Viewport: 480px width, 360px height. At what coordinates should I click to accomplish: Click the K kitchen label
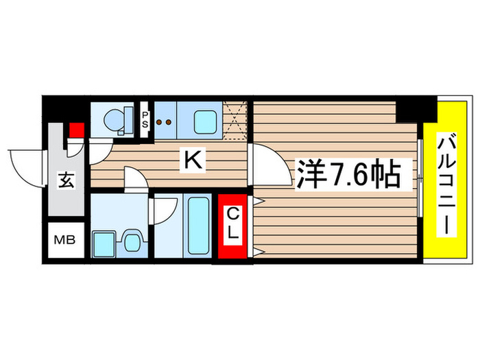tap(193, 161)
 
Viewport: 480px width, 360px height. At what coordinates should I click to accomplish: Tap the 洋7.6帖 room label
tap(348, 176)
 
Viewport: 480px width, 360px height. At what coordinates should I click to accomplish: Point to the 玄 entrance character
tap(64, 182)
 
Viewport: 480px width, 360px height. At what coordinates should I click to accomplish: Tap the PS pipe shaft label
tap(145, 121)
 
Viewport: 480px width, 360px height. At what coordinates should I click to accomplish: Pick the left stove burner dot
tap(160, 122)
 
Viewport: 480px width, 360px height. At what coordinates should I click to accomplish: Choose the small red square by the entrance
tap(75, 130)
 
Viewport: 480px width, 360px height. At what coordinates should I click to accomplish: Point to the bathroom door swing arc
tap(165, 208)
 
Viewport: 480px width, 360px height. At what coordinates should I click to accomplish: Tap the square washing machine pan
tap(105, 242)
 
